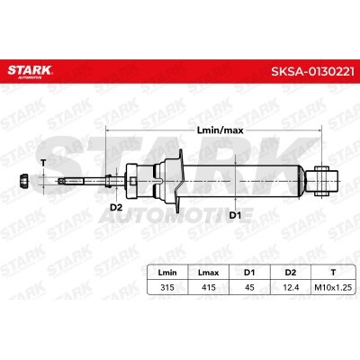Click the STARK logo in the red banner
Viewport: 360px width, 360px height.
tap(30, 71)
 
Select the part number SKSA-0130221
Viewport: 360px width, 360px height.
tap(312, 72)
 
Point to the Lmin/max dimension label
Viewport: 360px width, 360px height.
tap(220, 130)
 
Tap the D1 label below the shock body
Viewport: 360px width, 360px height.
tap(235, 215)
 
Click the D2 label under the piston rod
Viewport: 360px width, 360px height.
tap(116, 207)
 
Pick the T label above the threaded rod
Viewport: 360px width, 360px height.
tap(44, 163)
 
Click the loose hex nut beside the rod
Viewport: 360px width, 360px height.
tap(23, 181)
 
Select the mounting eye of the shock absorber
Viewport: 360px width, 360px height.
tap(326, 180)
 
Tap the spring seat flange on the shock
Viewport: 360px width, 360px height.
tap(178, 181)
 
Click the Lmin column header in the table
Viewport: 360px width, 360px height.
tap(167, 273)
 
